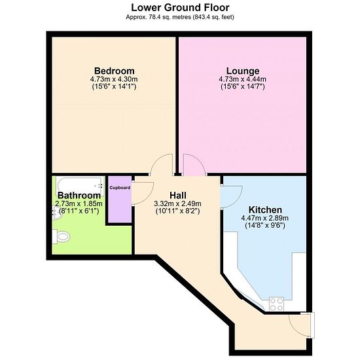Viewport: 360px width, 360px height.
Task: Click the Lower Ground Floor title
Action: [180, 8]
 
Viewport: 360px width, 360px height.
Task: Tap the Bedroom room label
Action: [115, 71]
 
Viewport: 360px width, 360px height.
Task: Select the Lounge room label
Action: [243, 71]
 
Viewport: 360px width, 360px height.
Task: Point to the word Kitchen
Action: [265, 209]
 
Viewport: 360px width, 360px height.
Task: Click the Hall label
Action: [178, 196]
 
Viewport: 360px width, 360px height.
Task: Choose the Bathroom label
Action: [79, 196]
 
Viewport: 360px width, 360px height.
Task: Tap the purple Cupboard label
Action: [120, 188]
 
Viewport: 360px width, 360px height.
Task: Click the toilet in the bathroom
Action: [61, 236]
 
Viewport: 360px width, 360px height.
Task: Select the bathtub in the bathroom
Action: [79, 186]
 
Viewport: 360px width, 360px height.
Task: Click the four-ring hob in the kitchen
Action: [276, 304]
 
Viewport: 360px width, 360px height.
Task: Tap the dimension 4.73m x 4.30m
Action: [114, 79]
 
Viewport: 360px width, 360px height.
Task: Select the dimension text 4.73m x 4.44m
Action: [242, 79]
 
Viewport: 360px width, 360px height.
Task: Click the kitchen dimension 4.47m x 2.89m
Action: [264, 218]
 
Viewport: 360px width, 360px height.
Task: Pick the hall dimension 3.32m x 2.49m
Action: [177, 204]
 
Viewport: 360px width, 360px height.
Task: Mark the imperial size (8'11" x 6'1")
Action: [79, 211]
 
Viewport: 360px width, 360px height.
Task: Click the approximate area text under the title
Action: [180, 17]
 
